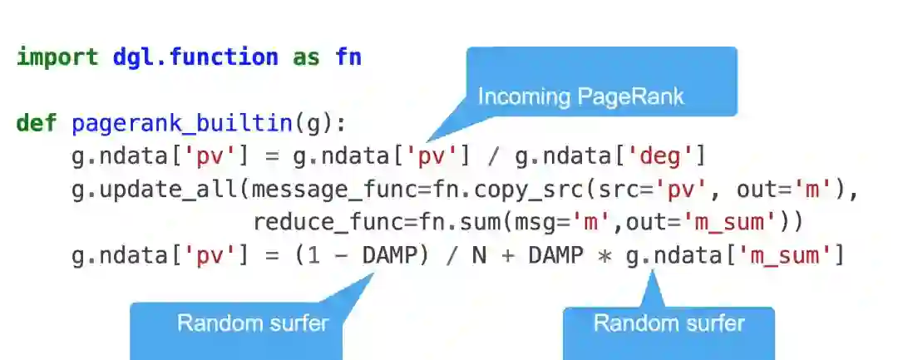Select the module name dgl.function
[x=195, y=58]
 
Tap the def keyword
[x=37, y=124]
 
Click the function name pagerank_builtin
[x=183, y=124]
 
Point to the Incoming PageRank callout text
[x=580, y=96]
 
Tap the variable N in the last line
[x=479, y=255]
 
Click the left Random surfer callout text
[x=253, y=323]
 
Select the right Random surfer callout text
[x=669, y=323]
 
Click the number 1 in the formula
[x=307, y=255]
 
